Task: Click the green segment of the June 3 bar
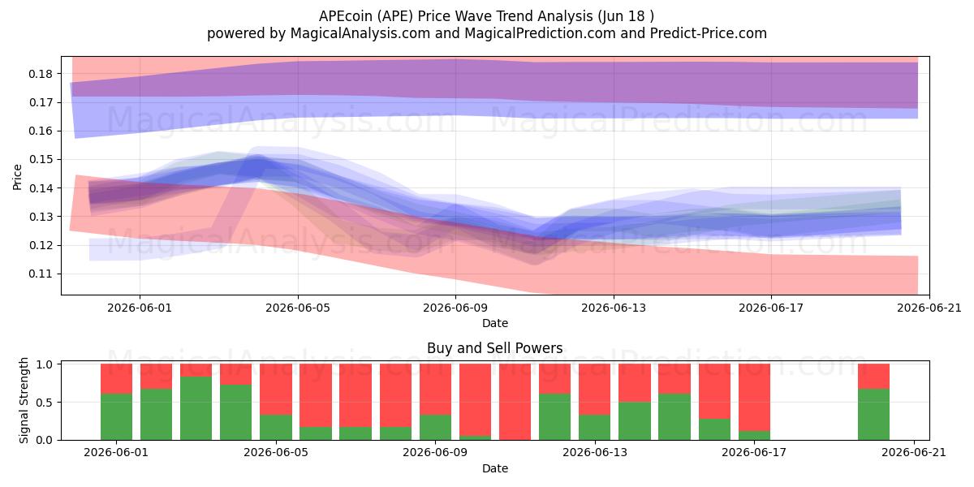tap(196, 408)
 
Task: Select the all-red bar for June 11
tap(515, 402)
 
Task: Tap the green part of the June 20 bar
tap(873, 415)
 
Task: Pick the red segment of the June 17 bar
tap(754, 398)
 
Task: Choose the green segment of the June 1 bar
tap(117, 417)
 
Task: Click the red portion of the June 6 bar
tap(316, 396)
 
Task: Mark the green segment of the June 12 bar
tap(555, 417)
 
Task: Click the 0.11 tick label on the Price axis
tap(41, 274)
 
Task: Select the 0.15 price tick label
tap(41, 160)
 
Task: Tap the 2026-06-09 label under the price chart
tap(455, 308)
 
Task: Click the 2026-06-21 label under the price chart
tap(929, 308)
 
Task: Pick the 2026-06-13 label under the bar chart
tap(595, 453)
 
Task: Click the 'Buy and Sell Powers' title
tap(495, 348)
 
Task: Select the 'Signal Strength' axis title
tap(24, 400)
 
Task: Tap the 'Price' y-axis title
tap(17, 177)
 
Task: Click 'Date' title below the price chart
tap(495, 323)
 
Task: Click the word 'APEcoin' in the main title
tap(346, 16)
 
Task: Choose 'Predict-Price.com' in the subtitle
tap(709, 33)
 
